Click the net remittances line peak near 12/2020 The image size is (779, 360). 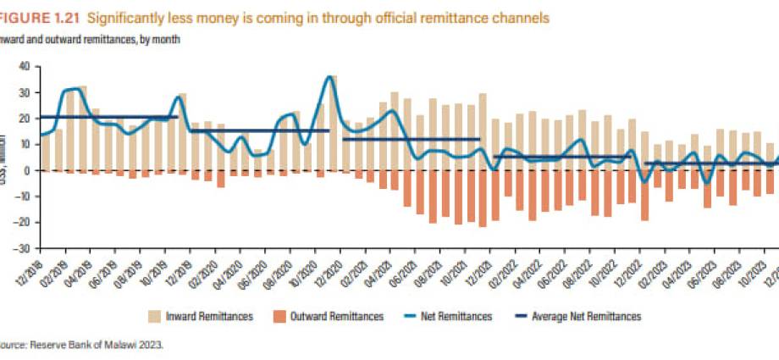pos(329,77)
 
